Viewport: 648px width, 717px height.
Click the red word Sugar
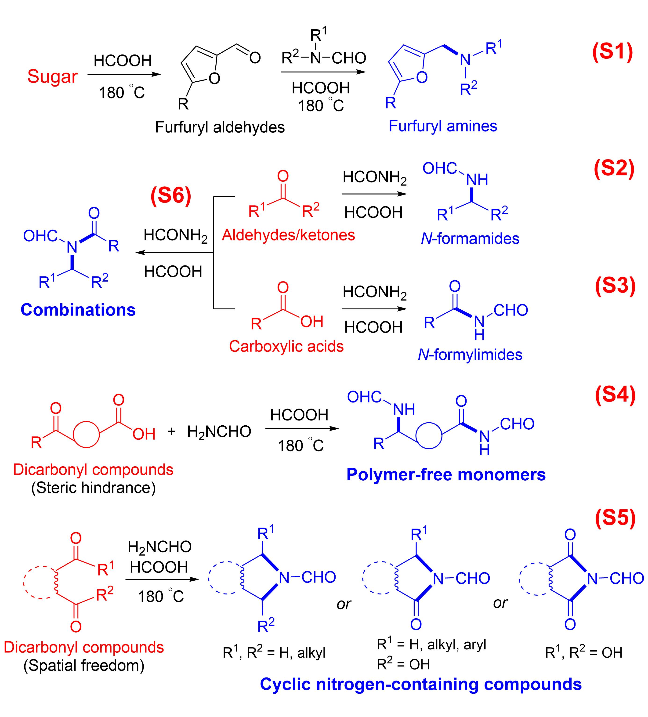click(52, 77)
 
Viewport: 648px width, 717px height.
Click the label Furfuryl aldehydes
click(220, 127)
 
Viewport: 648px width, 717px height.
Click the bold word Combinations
click(78, 310)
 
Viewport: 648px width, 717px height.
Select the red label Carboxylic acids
click(286, 346)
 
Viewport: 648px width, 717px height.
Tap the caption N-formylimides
click(470, 355)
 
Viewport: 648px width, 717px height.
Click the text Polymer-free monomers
click(446, 475)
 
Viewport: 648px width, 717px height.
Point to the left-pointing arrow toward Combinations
click(174, 253)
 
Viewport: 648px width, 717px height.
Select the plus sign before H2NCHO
click(171, 432)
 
